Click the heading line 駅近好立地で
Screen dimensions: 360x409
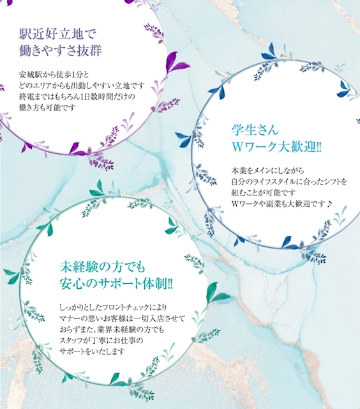pyautogui.click(x=58, y=34)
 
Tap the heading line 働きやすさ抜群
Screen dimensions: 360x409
pyautogui.click(x=61, y=50)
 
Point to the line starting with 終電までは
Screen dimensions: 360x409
pyautogui.click(x=77, y=96)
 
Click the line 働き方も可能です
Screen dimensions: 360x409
pyautogui.click(x=47, y=107)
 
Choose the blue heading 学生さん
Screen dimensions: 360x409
pyautogui.click(x=255, y=130)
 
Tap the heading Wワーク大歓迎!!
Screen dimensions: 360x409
pyautogui.click(x=276, y=148)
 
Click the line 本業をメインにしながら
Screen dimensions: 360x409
pyautogui.click(x=268, y=171)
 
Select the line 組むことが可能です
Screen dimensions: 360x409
pyautogui.click(x=264, y=193)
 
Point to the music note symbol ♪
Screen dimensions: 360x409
pyautogui.click(x=329, y=204)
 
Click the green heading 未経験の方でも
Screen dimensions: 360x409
pyautogui.click(x=102, y=267)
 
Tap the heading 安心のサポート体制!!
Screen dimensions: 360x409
pyautogui.click(x=116, y=284)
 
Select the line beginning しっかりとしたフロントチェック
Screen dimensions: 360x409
pyautogui.click(x=113, y=307)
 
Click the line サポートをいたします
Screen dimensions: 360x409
pyautogui.click(x=92, y=351)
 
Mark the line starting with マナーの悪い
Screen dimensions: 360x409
pyautogui.click(x=122, y=318)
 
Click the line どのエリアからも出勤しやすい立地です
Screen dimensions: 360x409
pyautogui.click(x=82, y=86)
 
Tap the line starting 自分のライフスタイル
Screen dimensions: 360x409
pyautogui.click(x=289, y=181)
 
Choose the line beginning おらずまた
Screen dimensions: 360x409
pyautogui.click(x=112, y=330)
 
